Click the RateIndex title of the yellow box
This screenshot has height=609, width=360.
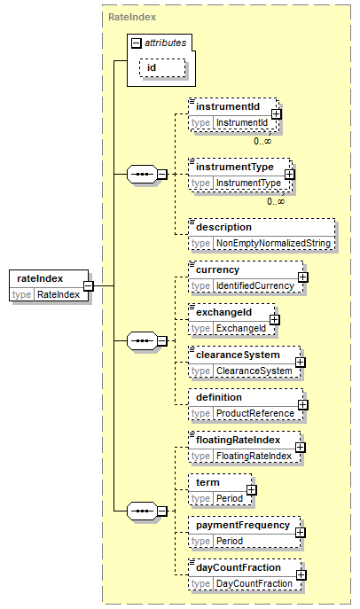[132, 17]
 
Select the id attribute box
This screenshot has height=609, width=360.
[162, 68]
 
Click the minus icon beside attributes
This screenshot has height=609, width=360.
[136, 43]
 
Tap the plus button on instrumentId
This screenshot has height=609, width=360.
[276, 114]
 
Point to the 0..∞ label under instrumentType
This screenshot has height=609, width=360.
[276, 201]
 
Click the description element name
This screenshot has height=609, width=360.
[223, 227]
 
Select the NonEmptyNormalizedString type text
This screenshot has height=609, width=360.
[273, 243]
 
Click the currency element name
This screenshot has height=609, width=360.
[217, 270]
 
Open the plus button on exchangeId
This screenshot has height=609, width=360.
[275, 320]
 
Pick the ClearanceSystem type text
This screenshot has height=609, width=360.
[254, 371]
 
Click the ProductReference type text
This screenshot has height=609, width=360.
[255, 413]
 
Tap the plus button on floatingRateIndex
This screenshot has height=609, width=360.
[300, 448]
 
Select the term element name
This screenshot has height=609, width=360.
[207, 482]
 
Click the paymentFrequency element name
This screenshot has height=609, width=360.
[243, 525]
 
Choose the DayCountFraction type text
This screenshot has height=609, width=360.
[254, 584]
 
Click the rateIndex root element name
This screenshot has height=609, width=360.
[40, 278]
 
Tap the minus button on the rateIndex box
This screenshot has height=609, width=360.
[89, 286]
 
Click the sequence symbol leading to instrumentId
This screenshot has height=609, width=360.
[142, 175]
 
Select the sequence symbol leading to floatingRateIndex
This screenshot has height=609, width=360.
[142, 511]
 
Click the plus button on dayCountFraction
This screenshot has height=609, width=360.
[301, 575]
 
